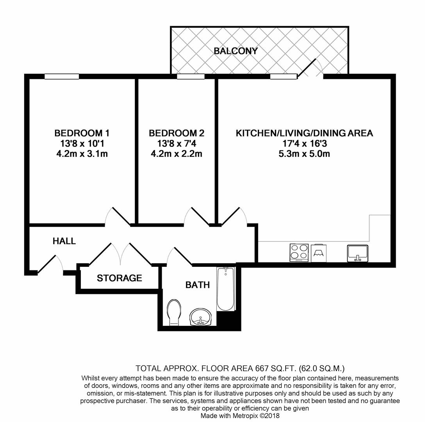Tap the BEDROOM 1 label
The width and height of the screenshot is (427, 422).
pyautogui.click(x=82, y=133)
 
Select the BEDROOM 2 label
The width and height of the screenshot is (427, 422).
pyautogui.click(x=176, y=133)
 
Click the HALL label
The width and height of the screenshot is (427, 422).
pyautogui.click(x=64, y=241)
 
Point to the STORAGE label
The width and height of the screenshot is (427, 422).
pyautogui.click(x=119, y=278)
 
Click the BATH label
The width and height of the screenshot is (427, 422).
pyautogui.click(x=197, y=285)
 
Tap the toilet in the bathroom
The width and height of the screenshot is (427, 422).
pyautogui.click(x=173, y=312)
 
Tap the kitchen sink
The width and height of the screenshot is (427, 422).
pyautogui.click(x=357, y=253)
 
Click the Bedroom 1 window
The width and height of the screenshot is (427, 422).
pyautogui.click(x=62, y=77)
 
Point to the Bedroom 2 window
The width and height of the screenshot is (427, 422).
pyautogui.click(x=191, y=77)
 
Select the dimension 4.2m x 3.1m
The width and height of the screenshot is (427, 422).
pyautogui.click(x=82, y=154)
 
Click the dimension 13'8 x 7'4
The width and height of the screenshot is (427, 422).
pyautogui.click(x=176, y=143)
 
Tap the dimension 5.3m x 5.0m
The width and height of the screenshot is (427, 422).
pyautogui.click(x=304, y=154)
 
